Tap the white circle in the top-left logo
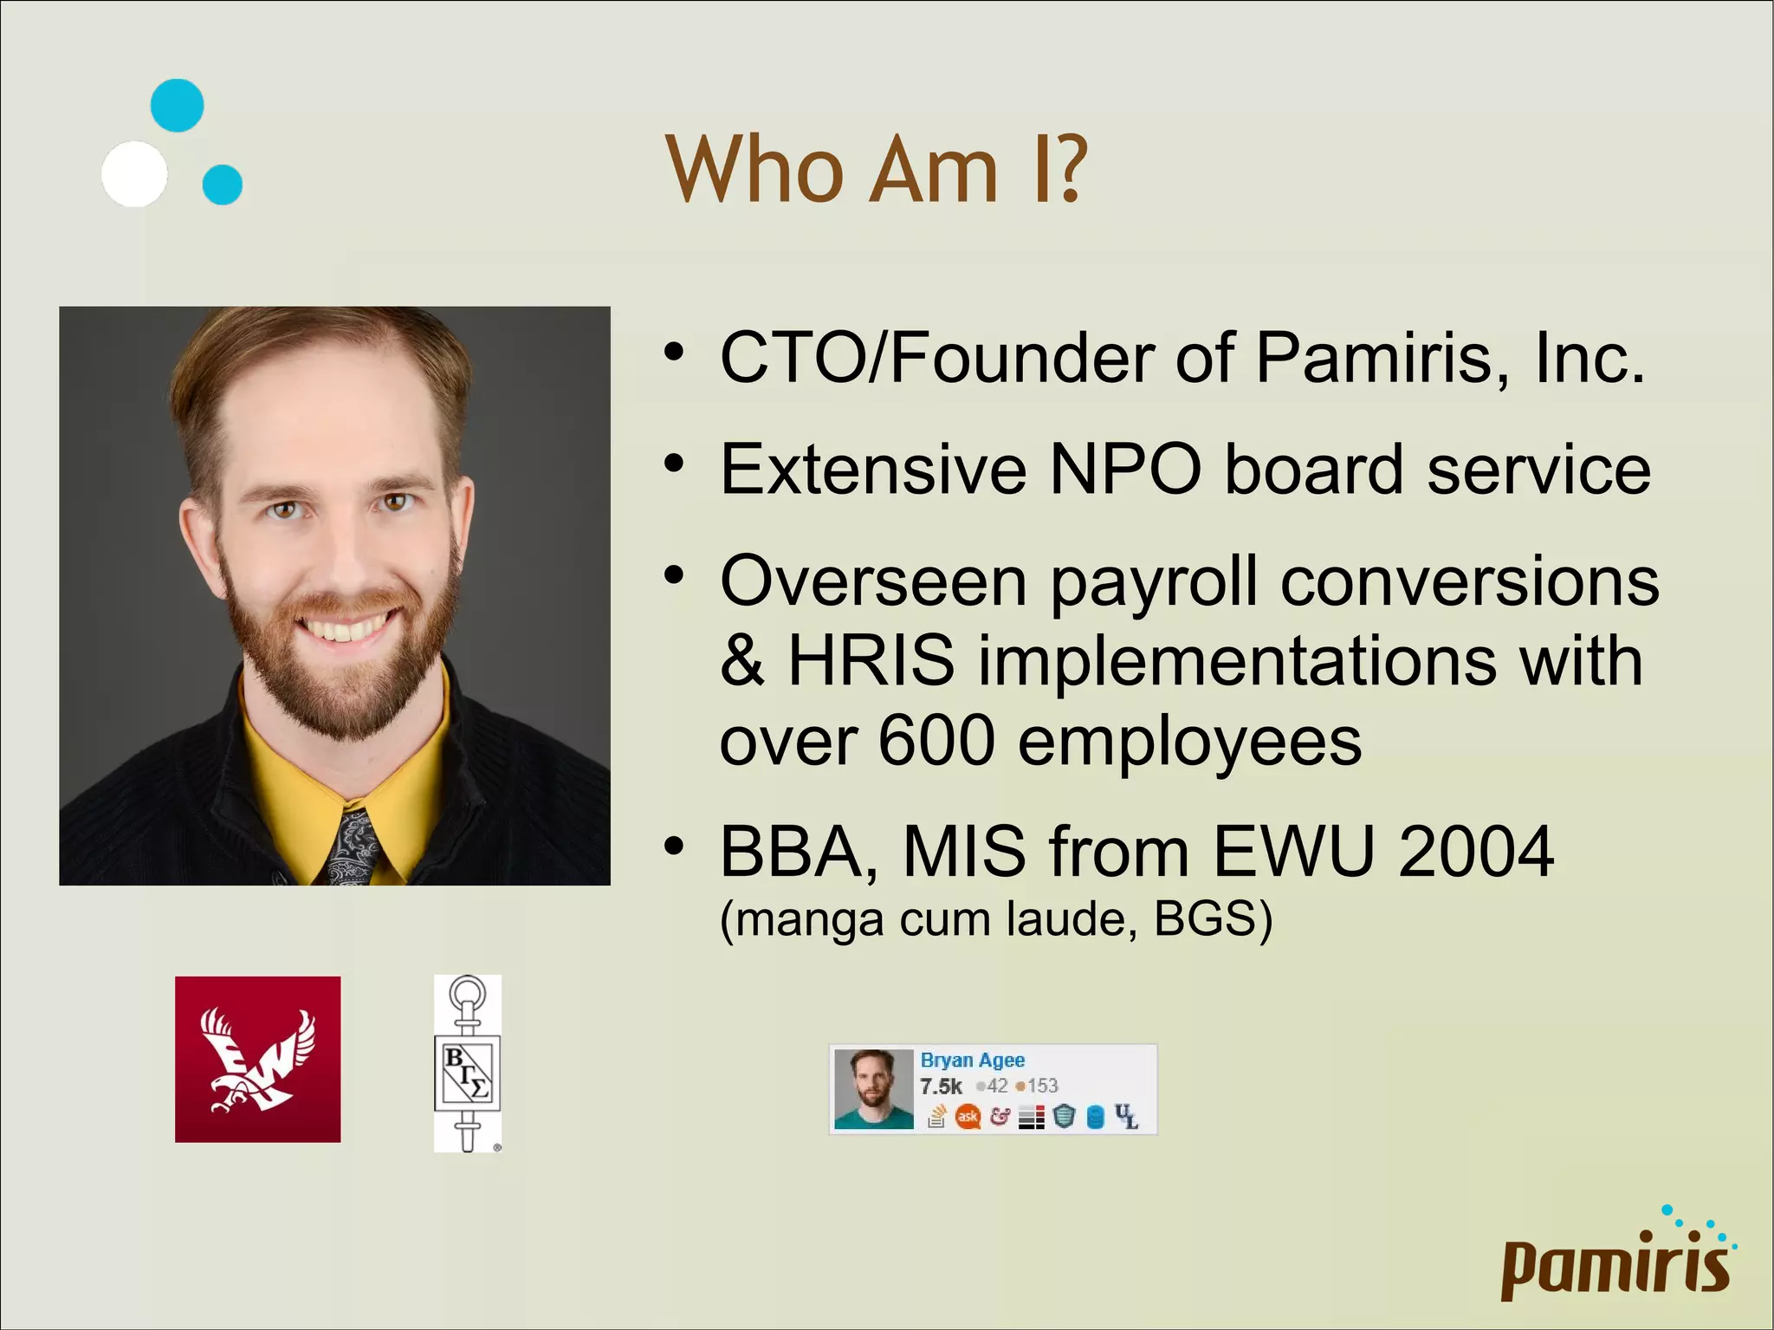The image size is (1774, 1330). pos(134,174)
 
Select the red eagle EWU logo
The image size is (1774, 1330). pos(257,1059)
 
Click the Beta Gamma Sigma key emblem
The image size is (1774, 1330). pos(468,1063)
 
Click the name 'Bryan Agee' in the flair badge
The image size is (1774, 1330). pos(972,1061)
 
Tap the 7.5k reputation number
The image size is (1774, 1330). pos(941,1087)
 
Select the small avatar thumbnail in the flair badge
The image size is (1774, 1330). pos(873,1089)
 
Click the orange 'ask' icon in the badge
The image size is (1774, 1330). pos(967,1117)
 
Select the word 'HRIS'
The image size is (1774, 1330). pos(871,661)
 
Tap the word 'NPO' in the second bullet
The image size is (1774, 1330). pos(1124,470)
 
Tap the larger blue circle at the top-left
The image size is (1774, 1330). pos(178,106)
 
